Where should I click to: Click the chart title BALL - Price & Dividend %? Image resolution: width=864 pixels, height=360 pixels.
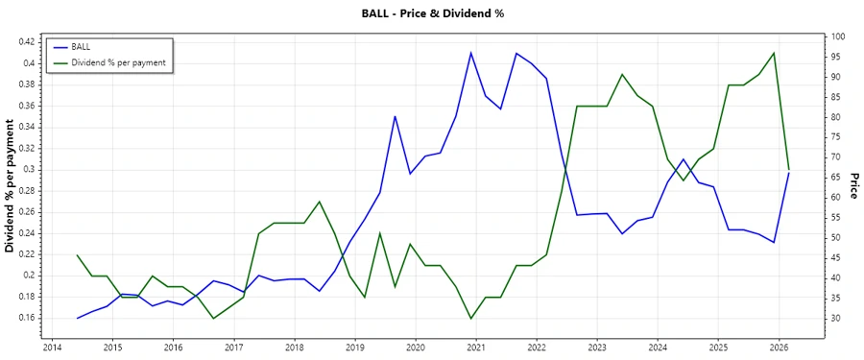pos(431,13)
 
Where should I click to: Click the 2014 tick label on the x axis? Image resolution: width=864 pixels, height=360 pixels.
pos(52,348)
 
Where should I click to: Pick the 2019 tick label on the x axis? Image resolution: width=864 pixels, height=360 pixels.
pos(355,348)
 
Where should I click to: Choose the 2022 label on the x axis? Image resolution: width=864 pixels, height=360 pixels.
pos(537,348)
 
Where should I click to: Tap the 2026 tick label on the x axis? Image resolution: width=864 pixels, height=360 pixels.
pos(779,348)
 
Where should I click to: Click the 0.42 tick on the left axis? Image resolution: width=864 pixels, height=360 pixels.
pos(26,42)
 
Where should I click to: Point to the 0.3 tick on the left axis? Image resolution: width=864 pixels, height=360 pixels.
pos(30,169)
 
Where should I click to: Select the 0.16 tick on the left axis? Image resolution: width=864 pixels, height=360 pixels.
pos(26,318)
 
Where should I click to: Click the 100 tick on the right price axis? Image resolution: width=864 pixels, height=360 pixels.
pos(839,36)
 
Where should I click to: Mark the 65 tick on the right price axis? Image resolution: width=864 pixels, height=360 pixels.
pos(837,178)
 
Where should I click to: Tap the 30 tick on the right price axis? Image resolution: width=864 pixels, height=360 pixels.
pos(837,318)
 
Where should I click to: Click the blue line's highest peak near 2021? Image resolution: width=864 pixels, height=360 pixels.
pos(470,53)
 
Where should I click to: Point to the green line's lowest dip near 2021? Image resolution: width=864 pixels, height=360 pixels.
pos(470,318)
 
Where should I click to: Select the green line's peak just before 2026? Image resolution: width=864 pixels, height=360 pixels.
pos(774,53)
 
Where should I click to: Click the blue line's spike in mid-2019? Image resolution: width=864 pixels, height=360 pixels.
pos(395,116)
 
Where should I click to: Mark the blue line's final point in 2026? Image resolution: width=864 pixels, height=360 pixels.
pos(789,173)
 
